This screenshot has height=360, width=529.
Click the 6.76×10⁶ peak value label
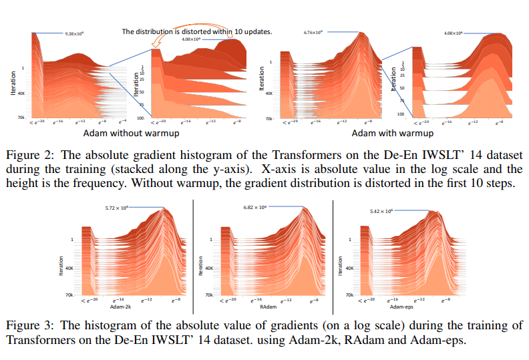(x=313, y=31)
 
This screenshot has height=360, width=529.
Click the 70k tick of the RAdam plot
(x=209, y=294)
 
